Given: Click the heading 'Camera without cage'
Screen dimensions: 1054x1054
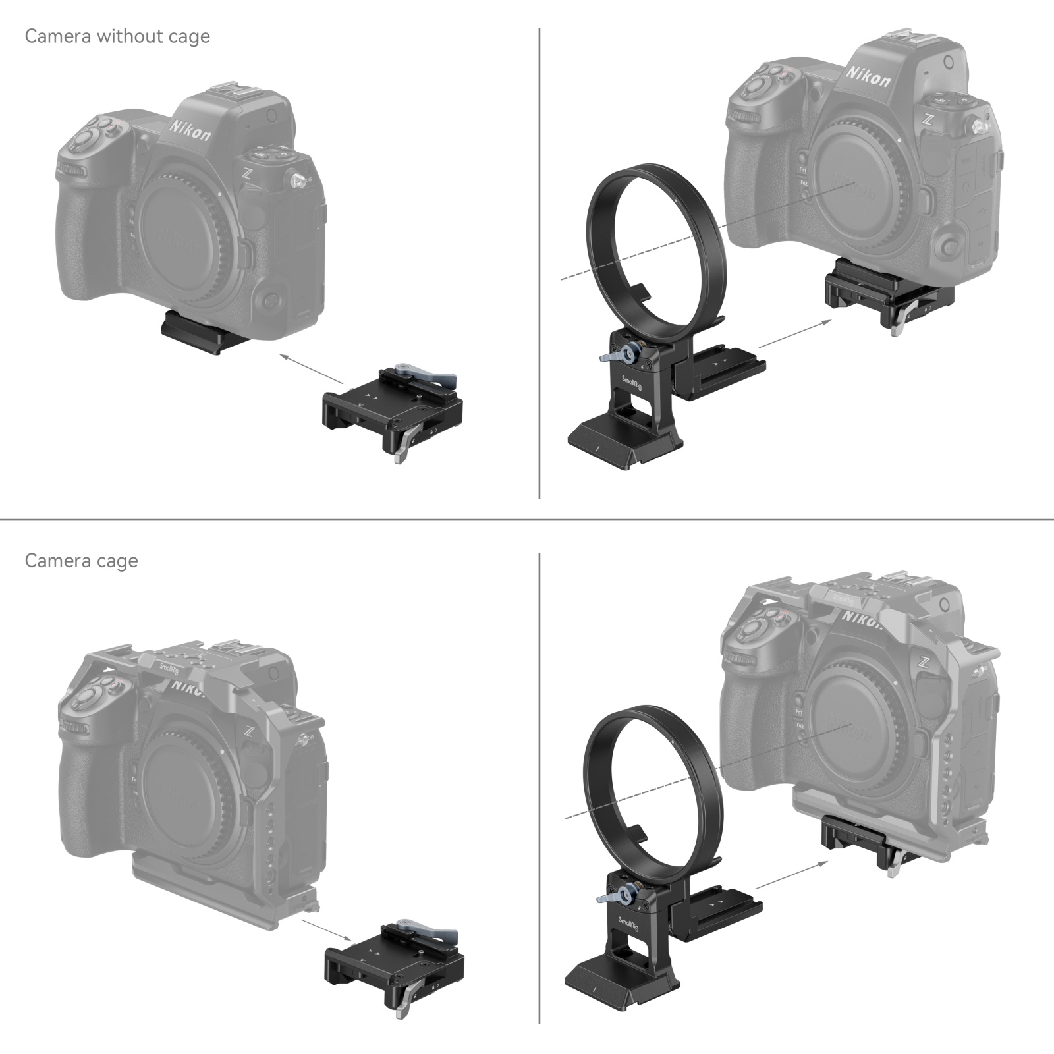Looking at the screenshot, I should (x=117, y=36).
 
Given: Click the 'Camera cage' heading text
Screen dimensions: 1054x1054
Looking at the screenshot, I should (x=81, y=561).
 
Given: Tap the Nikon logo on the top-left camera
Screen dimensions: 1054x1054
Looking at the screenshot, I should (x=190, y=130).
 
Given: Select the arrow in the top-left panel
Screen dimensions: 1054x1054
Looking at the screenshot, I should (x=310, y=370).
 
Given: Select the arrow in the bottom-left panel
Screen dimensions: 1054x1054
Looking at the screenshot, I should (x=326, y=929).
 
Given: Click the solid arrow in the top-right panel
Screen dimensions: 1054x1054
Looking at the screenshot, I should (x=794, y=333).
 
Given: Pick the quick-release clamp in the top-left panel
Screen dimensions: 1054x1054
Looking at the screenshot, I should (x=392, y=408).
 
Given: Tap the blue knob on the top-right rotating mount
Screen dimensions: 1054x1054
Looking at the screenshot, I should (x=630, y=353).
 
